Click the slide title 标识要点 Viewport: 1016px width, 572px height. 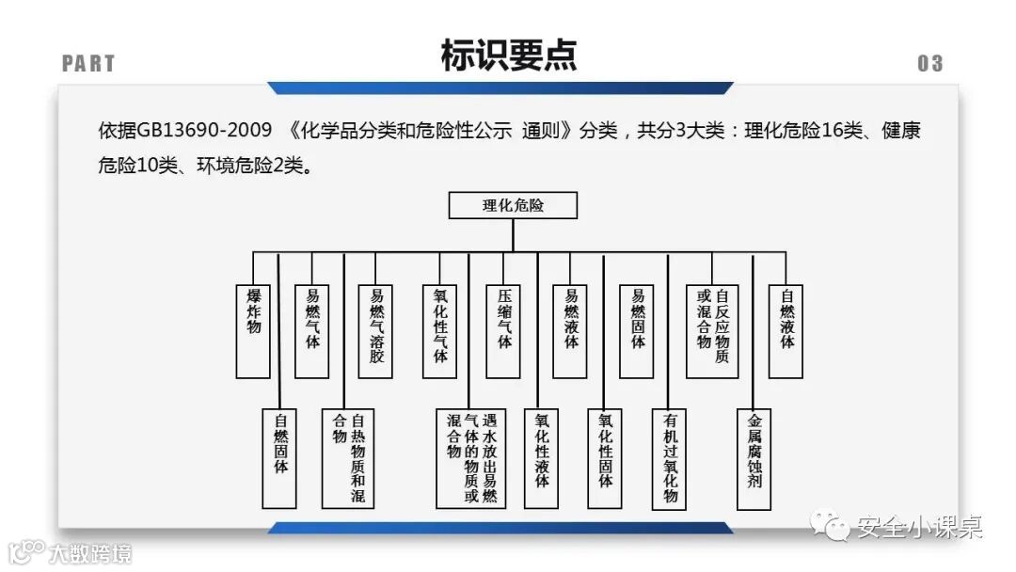click(x=508, y=56)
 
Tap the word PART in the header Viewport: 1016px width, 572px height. click(x=88, y=64)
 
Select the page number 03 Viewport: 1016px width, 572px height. click(x=929, y=64)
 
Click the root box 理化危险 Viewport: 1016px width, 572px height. click(x=513, y=205)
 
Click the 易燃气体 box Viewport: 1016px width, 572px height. click(x=312, y=330)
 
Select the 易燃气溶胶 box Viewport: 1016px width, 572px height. click(x=376, y=330)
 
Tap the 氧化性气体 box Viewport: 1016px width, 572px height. click(x=439, y=330)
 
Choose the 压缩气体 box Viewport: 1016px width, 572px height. click(x=503, y=330)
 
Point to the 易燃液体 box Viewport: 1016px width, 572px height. click(x=570, y=330)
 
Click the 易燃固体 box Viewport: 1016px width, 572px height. click(x=637, y=330)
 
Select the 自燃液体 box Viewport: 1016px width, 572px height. click(x=786, y=330)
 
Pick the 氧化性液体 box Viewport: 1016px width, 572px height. click(x=541, y=457)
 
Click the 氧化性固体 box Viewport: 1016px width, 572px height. click(x=604, y=457)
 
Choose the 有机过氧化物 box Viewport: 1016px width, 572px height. click(x=669, y=457)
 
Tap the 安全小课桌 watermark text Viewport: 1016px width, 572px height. click(x=918, y=528)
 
